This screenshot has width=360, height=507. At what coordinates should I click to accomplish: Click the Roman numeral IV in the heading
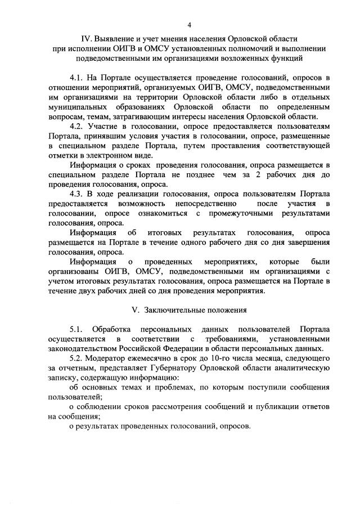click(x=86, y=39)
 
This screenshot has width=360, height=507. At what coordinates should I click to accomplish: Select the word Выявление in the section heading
click(x=118, y=39)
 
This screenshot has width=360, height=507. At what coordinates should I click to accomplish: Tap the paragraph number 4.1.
click(x=77, y=78)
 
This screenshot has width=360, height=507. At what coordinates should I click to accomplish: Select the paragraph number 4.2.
click(x=77, y=126)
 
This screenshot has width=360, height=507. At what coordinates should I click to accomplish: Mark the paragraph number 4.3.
click(x=77, y=194)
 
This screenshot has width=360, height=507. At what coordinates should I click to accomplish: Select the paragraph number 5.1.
click(x=77, y=329)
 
